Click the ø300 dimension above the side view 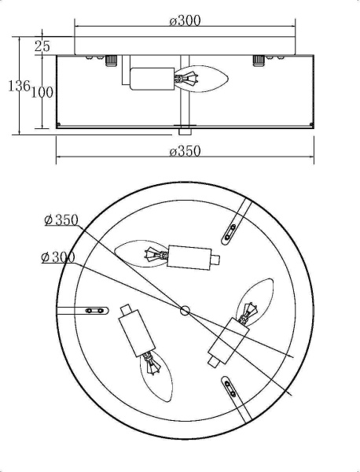pos(185,21)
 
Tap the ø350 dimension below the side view pos(185,151)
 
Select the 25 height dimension pos(42,46)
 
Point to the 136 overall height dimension pos(19,86)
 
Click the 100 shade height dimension pos(42,92)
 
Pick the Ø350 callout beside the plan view pos(61,219)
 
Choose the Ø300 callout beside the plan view pos(58,257)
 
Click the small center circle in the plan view pos(185,311)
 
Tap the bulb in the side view pos(201,79)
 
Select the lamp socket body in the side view pos(152,79)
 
